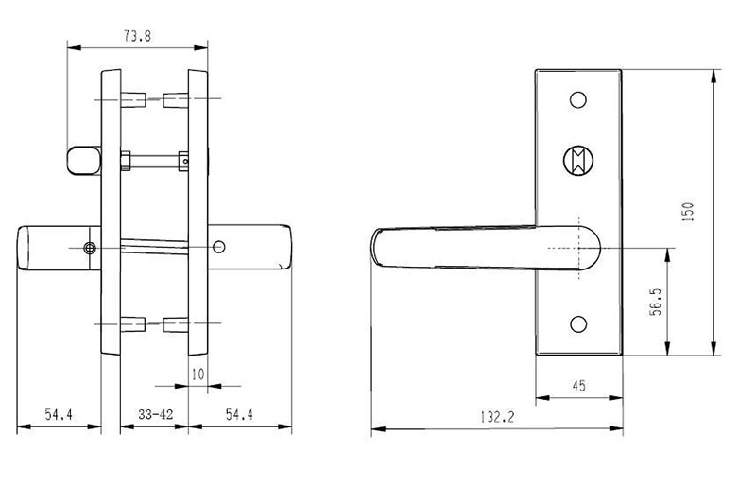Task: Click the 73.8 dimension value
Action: [137, 36]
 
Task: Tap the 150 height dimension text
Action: [688, 211]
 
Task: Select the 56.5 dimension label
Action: [656, 302]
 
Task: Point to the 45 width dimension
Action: [578, 386]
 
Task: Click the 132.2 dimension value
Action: [497, 417]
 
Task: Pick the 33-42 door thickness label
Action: [155, 414]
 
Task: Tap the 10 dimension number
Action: [198, 374]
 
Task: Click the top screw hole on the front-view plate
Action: [578, 100]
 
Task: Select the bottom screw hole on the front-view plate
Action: [578, 323]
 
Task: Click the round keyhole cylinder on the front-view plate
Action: [578, 160]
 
